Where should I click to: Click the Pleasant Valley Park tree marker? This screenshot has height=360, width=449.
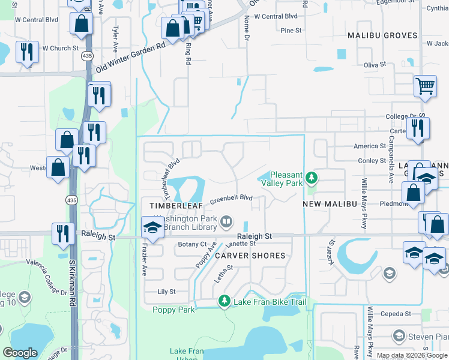click(311, 178)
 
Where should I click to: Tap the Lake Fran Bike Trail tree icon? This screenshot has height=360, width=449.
click(224, 300)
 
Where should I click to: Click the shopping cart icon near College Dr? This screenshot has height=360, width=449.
click(425, 86)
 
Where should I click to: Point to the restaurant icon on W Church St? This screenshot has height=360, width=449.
click(27, 52)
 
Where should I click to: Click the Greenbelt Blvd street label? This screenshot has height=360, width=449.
click(231, 198)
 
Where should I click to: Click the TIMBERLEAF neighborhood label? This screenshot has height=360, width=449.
click(174, 205)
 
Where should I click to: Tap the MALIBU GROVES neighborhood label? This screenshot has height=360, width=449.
click(382, 35)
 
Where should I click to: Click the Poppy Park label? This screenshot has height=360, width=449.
click(173, 310)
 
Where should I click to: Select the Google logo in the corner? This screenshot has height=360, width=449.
click(20, 353)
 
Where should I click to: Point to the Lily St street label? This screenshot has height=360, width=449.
click(166, 292)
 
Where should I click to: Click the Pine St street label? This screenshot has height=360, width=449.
click(291, 30)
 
